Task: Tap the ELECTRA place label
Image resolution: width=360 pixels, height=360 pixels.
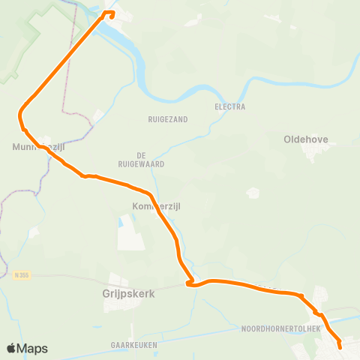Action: (230, 106)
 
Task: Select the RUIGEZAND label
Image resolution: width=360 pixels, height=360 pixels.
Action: (168, 119)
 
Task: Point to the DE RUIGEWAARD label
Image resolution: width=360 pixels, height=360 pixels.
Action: (141, 158)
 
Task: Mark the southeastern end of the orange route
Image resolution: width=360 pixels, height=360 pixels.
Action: (340, 346)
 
